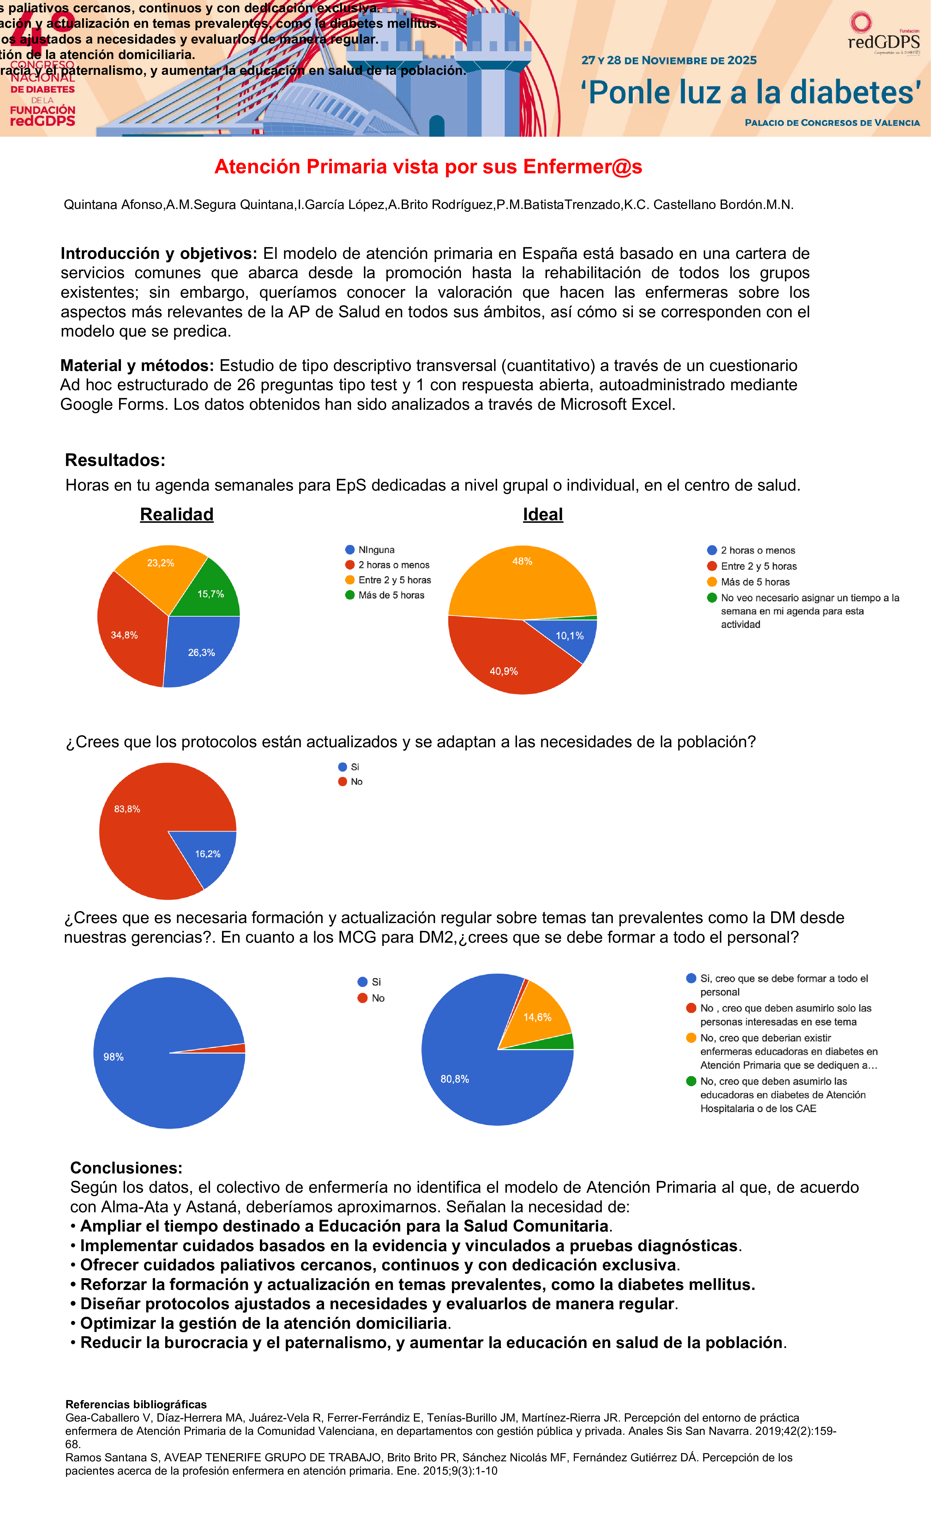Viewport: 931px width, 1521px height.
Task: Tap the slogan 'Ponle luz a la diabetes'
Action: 750,92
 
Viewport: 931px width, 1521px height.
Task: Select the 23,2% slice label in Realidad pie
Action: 160,563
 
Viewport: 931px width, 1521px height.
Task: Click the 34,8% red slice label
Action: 124,635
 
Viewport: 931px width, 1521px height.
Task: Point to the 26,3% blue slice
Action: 201,653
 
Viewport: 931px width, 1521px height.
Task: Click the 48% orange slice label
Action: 522,561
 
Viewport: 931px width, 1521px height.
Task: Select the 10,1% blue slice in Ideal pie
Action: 569,636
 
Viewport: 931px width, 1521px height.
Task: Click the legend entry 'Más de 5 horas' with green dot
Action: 391,595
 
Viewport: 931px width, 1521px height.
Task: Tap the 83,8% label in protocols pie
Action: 127,809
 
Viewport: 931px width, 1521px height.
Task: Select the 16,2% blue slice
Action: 207,854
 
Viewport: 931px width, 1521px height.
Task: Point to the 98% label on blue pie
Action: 114,1057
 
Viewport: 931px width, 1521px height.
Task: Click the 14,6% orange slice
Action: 537,1017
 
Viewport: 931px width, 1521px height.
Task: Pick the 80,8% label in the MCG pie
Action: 454,1079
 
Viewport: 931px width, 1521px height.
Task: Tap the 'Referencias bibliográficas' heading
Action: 136,1404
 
